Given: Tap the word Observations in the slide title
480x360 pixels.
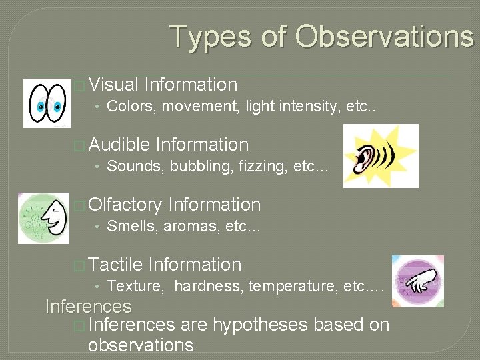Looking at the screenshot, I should tap(385, 36).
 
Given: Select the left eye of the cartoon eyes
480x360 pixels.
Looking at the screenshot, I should tap(39, 104).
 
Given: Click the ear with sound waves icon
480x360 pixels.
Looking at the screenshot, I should tap(381, 155).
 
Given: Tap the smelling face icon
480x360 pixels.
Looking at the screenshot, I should tap(43, 218).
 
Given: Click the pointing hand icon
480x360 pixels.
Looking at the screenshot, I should tap(418, 281).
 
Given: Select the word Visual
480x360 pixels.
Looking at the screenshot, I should tap(113, 85).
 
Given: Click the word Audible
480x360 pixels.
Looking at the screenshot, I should tap(119, 145).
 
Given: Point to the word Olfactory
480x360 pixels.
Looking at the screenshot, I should tap(125, 205).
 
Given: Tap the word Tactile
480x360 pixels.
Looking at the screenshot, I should tap(115, 265).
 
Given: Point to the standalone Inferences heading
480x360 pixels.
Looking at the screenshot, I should tap(88, 307).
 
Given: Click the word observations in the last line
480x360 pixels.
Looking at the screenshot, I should tap(141, 345).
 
